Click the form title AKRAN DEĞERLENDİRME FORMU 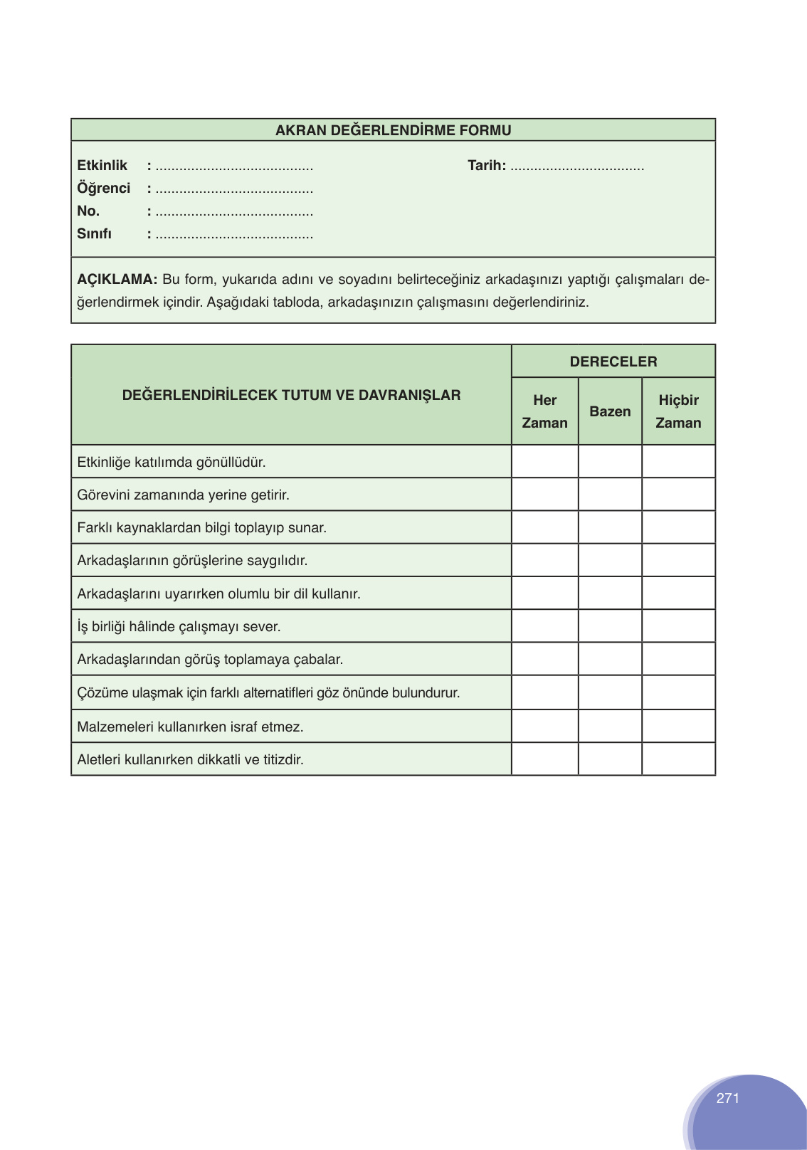[393, 130]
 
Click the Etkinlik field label [102, 165]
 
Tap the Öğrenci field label [104, 188]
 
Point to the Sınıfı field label [94, 233]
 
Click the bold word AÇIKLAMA [117, 279]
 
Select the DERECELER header [613, 362]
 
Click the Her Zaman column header [544, 411]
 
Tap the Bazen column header [610, 411]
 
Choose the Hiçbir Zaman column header [678, 411]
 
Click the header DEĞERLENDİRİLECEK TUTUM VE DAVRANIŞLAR [291, 395]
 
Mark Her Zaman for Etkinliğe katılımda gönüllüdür [544, 462]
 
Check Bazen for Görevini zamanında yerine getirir [610, 495]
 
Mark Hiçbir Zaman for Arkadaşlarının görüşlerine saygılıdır [678, 560]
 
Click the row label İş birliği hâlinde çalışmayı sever [179, 626]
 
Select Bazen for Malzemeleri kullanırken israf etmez [610, 727]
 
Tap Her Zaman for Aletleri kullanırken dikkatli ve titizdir [544, 759]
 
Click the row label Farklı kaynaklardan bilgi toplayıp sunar [201, 527]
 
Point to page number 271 [727, 1098]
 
